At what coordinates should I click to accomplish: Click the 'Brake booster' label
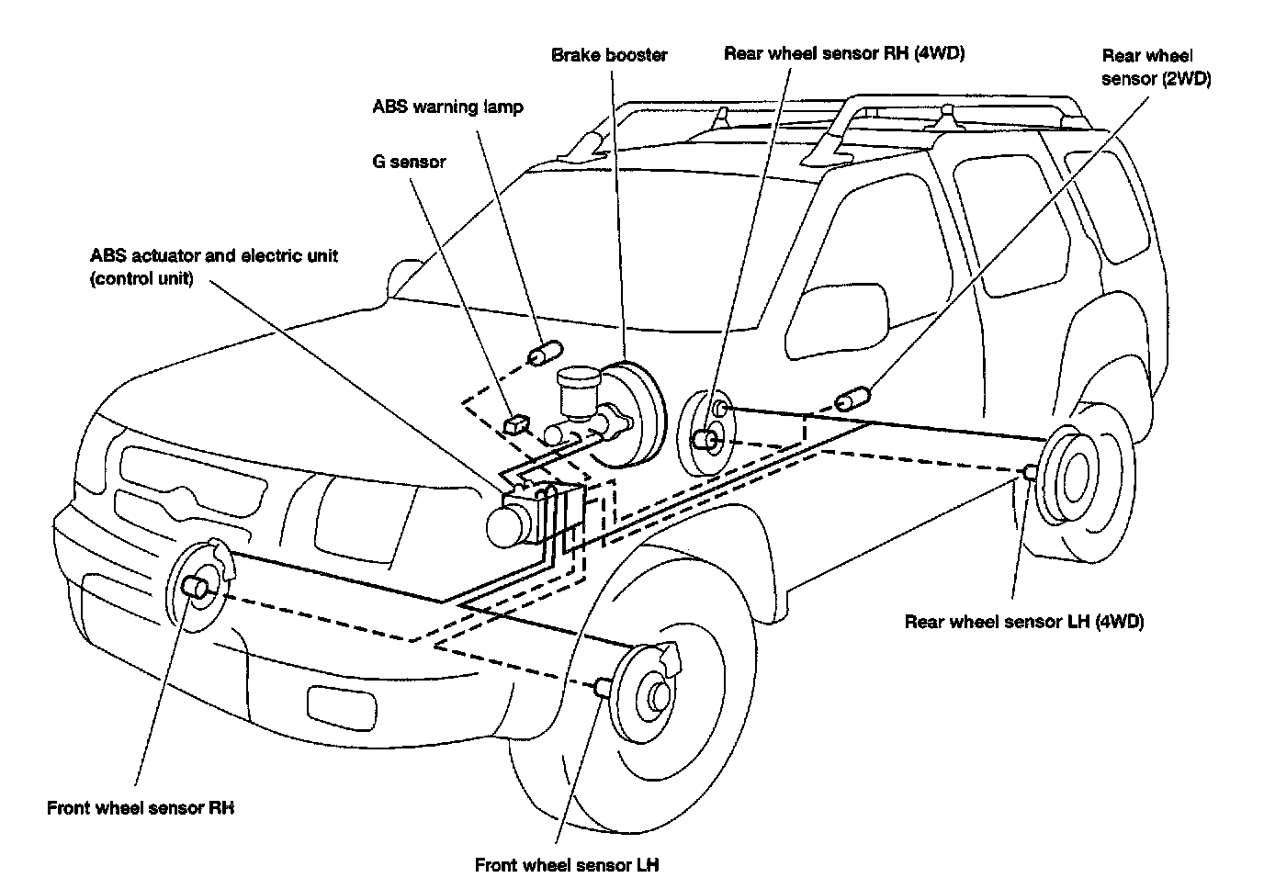tap(609, 55)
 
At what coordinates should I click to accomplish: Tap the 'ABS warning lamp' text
tap(447, 107)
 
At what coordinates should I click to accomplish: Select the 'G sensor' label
tap(409, 163)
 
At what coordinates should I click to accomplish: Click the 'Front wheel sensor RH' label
tap(141, 808)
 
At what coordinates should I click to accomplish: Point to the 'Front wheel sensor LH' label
tap(567, 865)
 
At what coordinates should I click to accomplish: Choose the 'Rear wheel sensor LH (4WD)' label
tap(1023, 622)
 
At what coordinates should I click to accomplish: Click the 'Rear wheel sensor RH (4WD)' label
tap(843, 53)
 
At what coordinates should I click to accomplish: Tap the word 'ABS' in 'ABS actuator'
tap(109, 254)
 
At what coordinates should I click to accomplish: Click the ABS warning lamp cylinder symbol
tap(545, 354)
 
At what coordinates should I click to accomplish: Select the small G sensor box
tap(516, 423)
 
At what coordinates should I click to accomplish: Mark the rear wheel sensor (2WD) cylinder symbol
tap(852, 399)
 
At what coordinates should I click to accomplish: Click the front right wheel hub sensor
tap(197, 588)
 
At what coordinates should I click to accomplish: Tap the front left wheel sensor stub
tap(604, 687)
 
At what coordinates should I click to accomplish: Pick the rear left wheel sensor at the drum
tap(1030, 472)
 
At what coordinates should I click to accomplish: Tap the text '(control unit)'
tap(141, 278)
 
